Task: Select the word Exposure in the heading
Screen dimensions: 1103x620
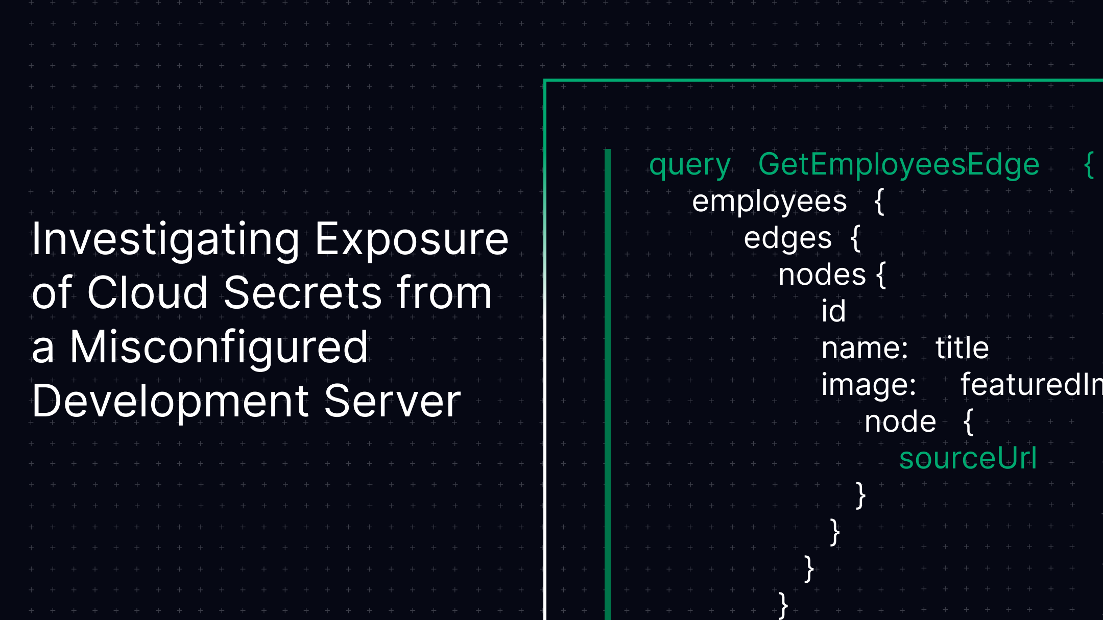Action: (x=412, y=240)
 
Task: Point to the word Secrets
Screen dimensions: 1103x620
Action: (x=303, y=293)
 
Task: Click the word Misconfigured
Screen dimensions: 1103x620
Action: (x=219, y=347)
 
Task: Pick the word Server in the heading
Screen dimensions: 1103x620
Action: (x=392, y=402)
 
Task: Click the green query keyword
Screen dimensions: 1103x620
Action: (x=690, y=165)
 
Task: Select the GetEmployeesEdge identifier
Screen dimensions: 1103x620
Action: (x=899, y=164)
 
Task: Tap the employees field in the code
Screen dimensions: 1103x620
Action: (x=769, y=202)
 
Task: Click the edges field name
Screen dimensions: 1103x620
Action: (x=787, y=239)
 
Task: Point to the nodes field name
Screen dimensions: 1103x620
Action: (x=822, y=275)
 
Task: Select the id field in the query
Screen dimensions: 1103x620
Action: (x=833, y=311)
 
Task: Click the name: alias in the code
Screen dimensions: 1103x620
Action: (x=865, y=349)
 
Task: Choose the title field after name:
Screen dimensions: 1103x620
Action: (x=962, y=349)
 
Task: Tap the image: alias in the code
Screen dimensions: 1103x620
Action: (x=869, y=385)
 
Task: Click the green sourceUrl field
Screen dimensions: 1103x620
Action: (x=968, y=458)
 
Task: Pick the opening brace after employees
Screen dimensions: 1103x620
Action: (x=879, y=202)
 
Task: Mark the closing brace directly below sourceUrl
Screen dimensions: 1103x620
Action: (x=860, y=495)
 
